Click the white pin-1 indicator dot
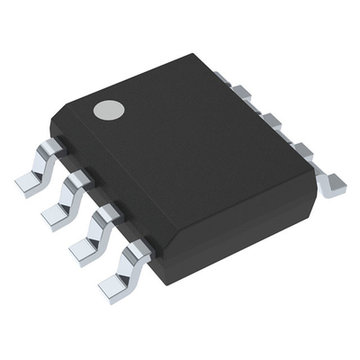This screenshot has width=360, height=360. [110, 110]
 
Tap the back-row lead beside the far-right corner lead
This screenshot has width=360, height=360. [304, 151]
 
